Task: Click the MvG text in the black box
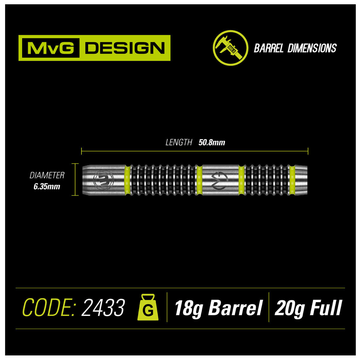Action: pos(51,48)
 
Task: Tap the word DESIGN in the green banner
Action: pos(125,48)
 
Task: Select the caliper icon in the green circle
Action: pos(230,48)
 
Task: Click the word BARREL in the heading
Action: pos(269,48)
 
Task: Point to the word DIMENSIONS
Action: pos(312,48)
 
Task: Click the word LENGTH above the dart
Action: pos(179,142)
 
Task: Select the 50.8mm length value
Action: pos(212,142)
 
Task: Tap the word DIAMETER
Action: pos(47,175)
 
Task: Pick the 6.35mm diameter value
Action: pos(47,187)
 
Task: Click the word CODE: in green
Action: pos(48,307)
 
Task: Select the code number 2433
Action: pos(103,307)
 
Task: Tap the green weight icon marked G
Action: pos(147,307)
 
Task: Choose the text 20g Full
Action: pos(308,307)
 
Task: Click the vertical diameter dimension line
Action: pos(75,179)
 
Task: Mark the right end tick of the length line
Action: pos(308,151)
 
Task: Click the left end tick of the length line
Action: pos(82,151)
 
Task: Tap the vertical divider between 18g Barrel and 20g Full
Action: pos(269,307)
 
